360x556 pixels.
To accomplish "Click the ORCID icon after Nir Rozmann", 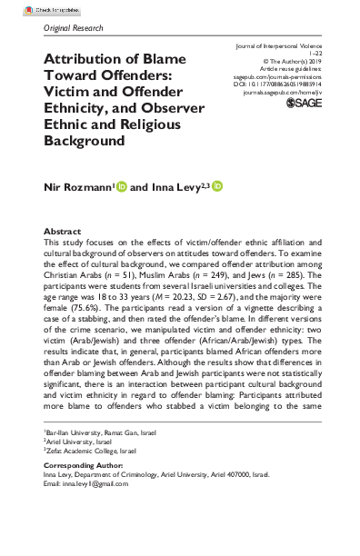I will pyautogui.click(x=120, y=187).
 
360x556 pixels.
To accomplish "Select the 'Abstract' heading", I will pyautogui.click(x=64, y=232).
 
